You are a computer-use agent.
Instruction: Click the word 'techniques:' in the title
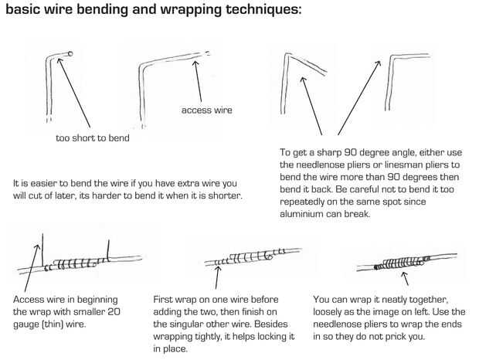263,9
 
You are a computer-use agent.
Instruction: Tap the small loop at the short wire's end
70,54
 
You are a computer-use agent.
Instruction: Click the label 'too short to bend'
93,138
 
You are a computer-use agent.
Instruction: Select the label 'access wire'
207,110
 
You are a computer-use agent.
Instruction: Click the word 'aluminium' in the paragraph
301,214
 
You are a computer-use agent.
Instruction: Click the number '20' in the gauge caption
114,312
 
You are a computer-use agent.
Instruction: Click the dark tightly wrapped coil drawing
402,263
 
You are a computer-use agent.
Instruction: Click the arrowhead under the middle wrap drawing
218,269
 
